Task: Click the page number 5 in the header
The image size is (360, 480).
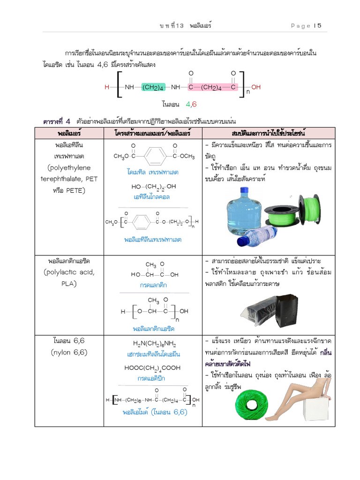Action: pos(319,26)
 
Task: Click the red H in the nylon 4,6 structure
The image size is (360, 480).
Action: pos(107,87)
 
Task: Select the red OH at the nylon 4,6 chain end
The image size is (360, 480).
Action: pos(256,87)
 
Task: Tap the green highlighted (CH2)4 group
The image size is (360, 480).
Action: pos(152,87)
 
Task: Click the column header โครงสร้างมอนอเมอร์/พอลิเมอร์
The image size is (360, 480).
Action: pos(152,133)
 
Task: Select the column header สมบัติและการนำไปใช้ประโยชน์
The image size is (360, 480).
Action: pos(268,133)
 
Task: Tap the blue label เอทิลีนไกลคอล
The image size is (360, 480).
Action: pos(151,197)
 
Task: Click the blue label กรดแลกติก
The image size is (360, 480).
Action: pos(153,285)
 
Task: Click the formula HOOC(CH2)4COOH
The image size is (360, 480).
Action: pos(152,368)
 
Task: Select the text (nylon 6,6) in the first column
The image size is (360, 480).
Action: pos(69,352)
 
